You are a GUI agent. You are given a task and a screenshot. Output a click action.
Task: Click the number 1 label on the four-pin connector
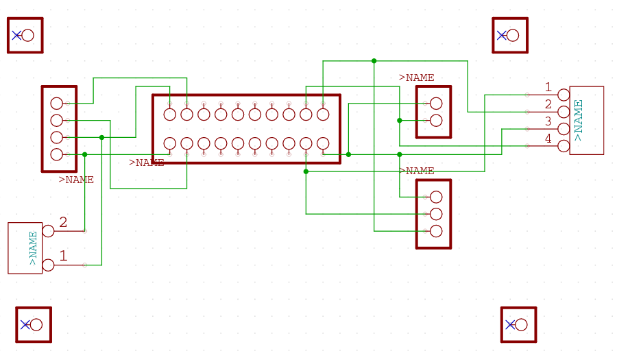pyautogui.click(x=548, y=87)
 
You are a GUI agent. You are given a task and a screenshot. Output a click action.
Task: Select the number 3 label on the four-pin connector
pyautogui.click(x=548, y=121)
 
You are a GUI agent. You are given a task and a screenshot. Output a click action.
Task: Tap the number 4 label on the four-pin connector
pyautogui.click(x=548, y=139)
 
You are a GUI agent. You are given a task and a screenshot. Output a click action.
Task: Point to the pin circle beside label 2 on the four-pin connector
pyautogui.click(x=564, y=112)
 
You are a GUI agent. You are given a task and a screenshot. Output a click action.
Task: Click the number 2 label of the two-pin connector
pyautogui.click(x=63, y=222)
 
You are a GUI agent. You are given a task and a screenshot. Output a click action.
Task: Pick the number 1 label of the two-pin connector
pyautogui.click(x=63, y=256)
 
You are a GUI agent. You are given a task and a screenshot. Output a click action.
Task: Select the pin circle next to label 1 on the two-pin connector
pyautogui.click(x=48, y=265)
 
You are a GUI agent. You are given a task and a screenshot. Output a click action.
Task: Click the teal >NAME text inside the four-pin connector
pyautogui.click(x=579, y=120)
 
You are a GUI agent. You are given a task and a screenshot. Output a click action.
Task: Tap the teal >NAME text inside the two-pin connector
pyautogui.click(x=33, y=248)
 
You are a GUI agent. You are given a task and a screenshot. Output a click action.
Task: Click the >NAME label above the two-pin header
pyautogui.click(x=416, y=77)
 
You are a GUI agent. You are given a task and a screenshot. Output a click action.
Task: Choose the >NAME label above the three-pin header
pyautogui.click(x=416, y=171)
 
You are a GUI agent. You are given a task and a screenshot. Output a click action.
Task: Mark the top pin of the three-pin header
pyautogui.click(x=436, y=197)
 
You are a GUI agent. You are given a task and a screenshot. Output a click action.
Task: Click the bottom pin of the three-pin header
pyautogui.click(x=436, y=231)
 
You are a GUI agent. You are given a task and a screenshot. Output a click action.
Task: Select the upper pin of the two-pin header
pyautogui.click(x=436, y=104)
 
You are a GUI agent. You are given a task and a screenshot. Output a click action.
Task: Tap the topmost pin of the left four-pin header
pyautogui.click(x=57, y=104)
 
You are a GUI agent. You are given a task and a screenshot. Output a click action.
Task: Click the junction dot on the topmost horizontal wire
pyautogui.click(x=374, y=61)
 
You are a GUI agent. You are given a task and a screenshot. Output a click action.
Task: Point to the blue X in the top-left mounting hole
pyautogui.click(x=16, y=35)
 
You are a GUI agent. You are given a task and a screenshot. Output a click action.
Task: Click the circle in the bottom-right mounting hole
pyautogui.click(x=521, y=324)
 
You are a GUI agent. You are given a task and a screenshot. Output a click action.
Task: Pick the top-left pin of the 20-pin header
pyautogui.click(x=170, y=115)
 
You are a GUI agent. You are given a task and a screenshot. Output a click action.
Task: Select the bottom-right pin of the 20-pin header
pyautogui.click(x=323, y=143)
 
